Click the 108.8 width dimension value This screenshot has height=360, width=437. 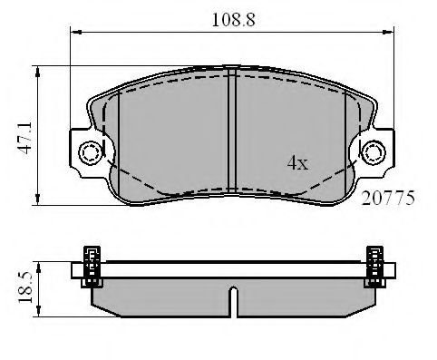[233, 16]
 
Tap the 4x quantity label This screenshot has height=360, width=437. [297, 163]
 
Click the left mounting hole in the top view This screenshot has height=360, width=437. [89, 151]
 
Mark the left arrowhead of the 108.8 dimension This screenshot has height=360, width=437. [75, 34]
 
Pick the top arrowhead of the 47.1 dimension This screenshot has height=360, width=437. [37, 70]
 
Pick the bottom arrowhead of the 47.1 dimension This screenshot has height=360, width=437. [37, 202]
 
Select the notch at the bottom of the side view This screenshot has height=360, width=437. [233, 302]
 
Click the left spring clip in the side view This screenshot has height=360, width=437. [92, 267]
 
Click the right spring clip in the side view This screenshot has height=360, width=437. [374, 267]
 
